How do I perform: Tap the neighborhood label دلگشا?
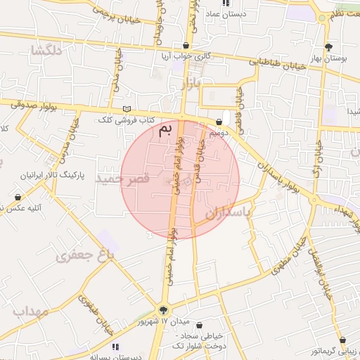point(47,51)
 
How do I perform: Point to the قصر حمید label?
point(146,179)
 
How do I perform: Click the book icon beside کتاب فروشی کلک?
point(127,109)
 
